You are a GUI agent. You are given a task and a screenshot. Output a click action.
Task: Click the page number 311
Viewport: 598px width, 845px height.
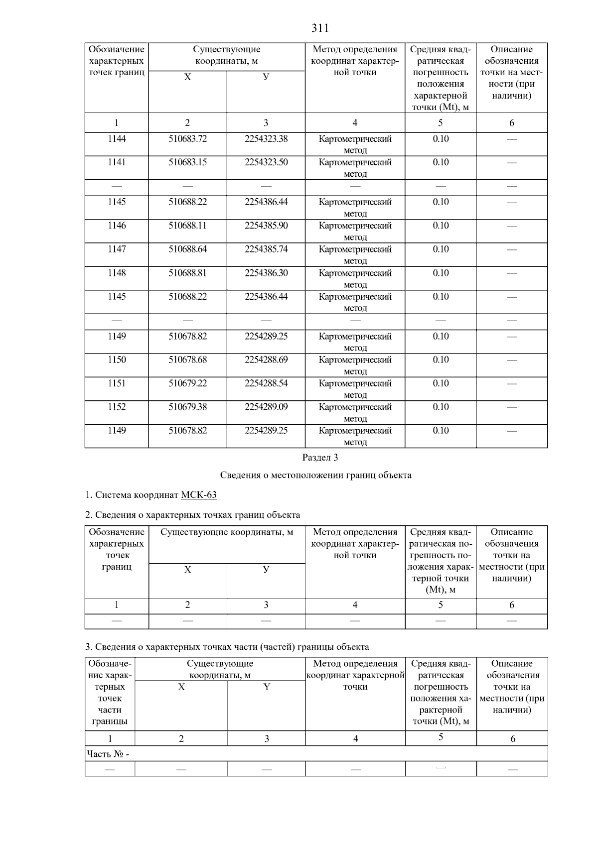320,28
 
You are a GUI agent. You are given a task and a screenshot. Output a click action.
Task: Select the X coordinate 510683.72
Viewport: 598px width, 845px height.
187,139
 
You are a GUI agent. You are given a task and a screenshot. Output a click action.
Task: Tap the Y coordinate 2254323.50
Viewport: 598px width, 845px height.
266,162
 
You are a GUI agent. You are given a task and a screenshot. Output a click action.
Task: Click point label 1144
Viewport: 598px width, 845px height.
117,139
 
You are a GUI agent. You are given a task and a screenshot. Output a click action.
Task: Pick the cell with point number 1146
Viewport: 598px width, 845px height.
117,226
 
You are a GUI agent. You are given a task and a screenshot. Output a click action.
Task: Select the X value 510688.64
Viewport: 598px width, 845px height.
187,249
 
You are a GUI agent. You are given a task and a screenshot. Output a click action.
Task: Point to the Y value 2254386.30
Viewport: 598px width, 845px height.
266,273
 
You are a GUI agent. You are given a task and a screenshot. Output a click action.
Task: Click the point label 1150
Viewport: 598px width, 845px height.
117,360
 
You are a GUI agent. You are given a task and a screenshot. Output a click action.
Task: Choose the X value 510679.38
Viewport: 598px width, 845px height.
187,407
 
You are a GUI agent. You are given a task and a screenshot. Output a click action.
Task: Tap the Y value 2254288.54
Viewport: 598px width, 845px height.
266,383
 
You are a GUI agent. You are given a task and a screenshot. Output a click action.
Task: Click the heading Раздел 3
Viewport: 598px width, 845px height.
320,457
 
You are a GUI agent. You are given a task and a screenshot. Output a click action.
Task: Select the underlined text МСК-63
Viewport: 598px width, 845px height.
199,495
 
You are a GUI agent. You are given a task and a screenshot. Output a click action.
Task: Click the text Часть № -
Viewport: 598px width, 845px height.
108,754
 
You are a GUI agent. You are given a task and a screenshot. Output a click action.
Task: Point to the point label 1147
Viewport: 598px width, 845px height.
117,249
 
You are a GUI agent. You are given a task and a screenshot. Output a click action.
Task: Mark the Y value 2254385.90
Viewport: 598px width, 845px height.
266,226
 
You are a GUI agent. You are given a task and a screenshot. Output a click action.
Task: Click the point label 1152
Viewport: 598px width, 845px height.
117,407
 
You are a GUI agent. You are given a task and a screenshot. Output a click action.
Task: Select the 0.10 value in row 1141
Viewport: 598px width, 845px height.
441,162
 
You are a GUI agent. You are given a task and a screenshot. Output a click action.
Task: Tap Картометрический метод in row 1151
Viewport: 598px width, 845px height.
355,389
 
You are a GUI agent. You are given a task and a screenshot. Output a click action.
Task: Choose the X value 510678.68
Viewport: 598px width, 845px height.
187,360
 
